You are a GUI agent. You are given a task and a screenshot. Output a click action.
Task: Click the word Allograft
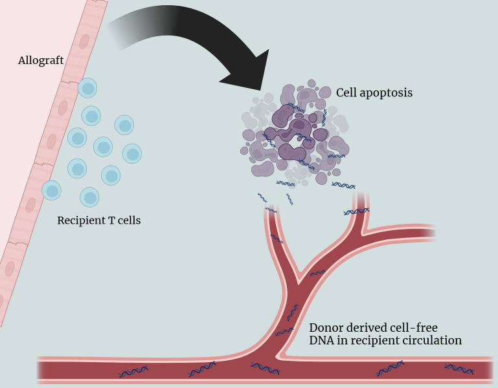41,60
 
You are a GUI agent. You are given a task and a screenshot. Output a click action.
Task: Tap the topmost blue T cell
87,88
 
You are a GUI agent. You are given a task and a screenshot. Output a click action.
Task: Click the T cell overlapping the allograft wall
51,190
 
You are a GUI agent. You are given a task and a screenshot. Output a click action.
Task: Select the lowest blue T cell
89,197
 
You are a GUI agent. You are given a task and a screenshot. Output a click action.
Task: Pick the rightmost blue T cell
132,153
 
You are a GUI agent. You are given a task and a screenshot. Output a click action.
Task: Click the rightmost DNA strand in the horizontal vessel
459,369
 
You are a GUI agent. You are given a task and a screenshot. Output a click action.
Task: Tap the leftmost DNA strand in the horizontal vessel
133,371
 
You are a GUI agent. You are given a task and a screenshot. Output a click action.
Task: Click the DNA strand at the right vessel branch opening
356,211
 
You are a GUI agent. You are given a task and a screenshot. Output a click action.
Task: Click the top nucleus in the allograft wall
84,41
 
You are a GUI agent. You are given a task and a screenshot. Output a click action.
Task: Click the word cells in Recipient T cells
130,220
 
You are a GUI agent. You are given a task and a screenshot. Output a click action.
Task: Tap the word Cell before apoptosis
346,92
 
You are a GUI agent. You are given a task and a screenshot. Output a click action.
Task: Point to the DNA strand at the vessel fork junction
317,272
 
